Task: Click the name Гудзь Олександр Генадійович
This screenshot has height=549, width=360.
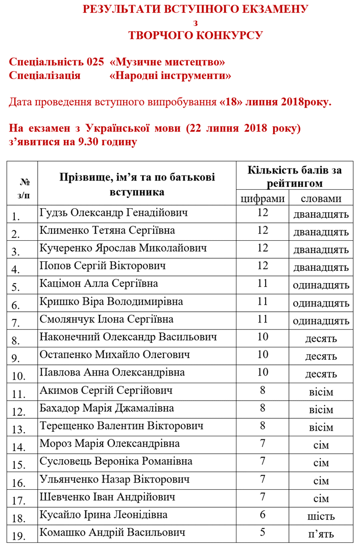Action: pyautogui.click(x=113, y=213)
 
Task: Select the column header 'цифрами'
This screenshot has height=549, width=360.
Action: pyautogui.click(x=262, y=198)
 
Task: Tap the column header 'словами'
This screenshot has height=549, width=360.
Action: pyautogui.click(x=321, y=198)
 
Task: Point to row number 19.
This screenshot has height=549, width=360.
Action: pyautogui.click(x=19, y=536)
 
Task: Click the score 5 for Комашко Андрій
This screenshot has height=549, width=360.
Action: pyautogui.click(x=262, y=532)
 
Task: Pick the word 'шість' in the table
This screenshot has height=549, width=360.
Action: pyautogui.click(x=321, y=516)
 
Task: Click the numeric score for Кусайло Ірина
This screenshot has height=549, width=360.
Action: pyautogui.click(x=262, y=515)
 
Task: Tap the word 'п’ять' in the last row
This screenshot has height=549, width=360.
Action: pyautogui.click(x=321, y=534)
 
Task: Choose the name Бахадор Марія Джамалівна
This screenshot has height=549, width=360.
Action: pyautogui.click(x=107, y=408)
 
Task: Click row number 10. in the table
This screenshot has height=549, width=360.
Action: pyautogui.click(x=19, y=376)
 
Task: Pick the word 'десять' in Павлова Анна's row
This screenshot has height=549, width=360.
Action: pyautogui.click(x=321, y=374)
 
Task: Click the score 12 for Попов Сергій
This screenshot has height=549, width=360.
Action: pyautogui.click(x=262, y=265)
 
